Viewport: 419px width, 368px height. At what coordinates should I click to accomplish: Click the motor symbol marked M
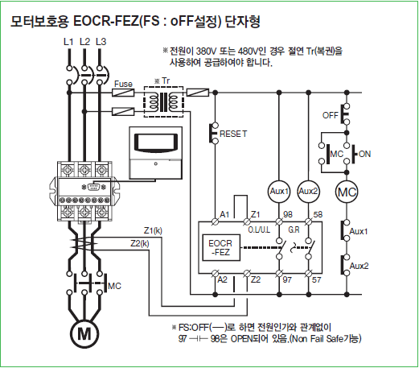coord(84,333)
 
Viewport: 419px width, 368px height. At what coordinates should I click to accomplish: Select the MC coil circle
coord(347,192)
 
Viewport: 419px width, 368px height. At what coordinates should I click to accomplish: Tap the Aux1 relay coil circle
coord(279,192)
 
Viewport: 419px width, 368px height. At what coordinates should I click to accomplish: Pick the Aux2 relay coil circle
coord(308,192)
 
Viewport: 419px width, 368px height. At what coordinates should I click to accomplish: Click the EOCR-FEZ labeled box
coord(221,247)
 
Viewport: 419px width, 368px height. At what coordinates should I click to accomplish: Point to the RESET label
coord(233,134)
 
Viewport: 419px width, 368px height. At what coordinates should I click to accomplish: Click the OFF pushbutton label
coord(331,115)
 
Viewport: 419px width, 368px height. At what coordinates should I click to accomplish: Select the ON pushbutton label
coord(364,154)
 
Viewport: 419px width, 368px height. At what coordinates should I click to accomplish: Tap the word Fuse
coord(123,84)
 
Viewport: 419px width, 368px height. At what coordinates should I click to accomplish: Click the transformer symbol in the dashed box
coord(163,101)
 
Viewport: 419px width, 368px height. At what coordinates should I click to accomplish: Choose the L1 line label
coord(68,42)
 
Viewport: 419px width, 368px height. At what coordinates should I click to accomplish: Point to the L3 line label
coord(101,42)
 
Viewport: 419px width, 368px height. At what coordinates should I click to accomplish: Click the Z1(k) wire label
coord(153,230)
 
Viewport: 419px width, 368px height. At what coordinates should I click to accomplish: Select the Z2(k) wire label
coord(140,243)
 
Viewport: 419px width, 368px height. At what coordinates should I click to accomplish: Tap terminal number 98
coord(288,214)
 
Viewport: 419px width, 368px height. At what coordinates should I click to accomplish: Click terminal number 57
coord(316,280)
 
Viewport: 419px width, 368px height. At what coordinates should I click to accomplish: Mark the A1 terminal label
coord(224,214)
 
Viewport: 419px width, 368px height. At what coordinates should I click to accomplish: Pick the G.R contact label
coord(294,229)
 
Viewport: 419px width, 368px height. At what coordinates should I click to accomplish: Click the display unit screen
coord(156,143)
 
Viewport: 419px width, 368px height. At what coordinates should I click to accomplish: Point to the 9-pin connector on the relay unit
coord(93,187)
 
